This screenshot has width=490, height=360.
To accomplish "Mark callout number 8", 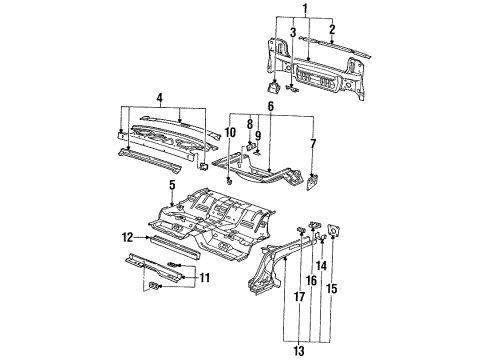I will (250, 124).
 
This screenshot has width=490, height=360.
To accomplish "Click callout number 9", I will (258, 134).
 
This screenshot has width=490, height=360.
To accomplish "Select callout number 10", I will (229, 132).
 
